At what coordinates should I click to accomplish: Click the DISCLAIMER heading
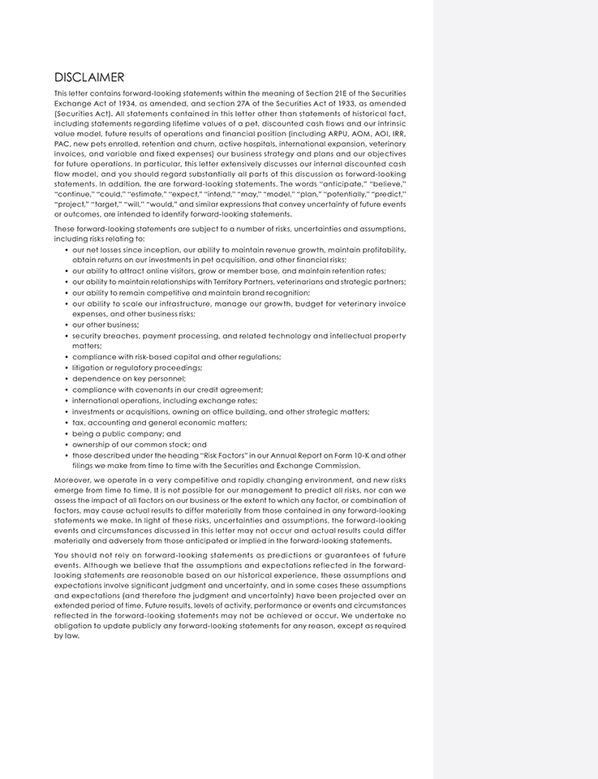pyautogui.click(x=89, y=78)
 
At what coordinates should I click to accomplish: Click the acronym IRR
pyautogui.click(x=397, y=133)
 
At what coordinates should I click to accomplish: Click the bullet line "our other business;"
pyautogui.click(x=105, y=325)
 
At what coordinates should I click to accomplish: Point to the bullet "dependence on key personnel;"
pyautogui.click(x=129, y=378)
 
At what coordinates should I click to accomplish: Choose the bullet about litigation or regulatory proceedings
pyautogui.click(x=137, y=368)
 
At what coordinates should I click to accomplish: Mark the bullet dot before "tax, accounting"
pyautogui.click(x=66, y=423)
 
